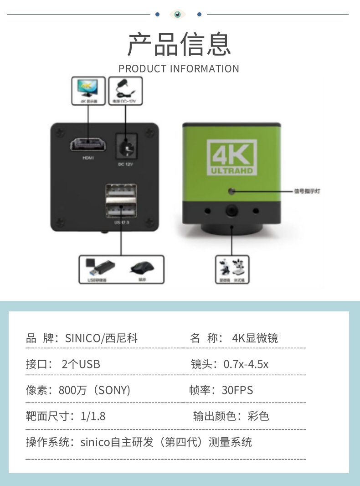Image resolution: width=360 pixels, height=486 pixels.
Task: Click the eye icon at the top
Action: (x=178, y=14)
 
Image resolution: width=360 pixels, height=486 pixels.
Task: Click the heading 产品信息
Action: (x=179, y=45)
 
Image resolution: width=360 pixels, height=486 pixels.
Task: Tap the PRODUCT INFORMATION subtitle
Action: (x=179, y=69)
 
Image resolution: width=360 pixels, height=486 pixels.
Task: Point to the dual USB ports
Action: (x=121, y=201)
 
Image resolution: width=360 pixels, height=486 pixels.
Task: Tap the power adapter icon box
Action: (x=125, y=91)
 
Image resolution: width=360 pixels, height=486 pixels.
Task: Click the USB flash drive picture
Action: (x=98, y=266)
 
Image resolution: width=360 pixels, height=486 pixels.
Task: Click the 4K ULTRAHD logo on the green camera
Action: (x=231, y=157)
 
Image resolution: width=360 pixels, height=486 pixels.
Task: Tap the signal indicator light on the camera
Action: (x=231, y=191)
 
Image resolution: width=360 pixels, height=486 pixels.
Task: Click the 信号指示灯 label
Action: (x=308, y=191)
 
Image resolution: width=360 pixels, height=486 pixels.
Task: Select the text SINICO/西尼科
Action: (x=101, y=338)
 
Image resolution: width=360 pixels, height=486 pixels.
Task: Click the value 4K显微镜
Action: (x=255, y=338)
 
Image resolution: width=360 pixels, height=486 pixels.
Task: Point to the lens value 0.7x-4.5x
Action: (x=246, y=364)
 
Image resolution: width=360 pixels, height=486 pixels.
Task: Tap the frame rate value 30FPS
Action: (x=237, y=390)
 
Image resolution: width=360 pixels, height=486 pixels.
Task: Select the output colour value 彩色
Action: (x=258, y=416)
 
